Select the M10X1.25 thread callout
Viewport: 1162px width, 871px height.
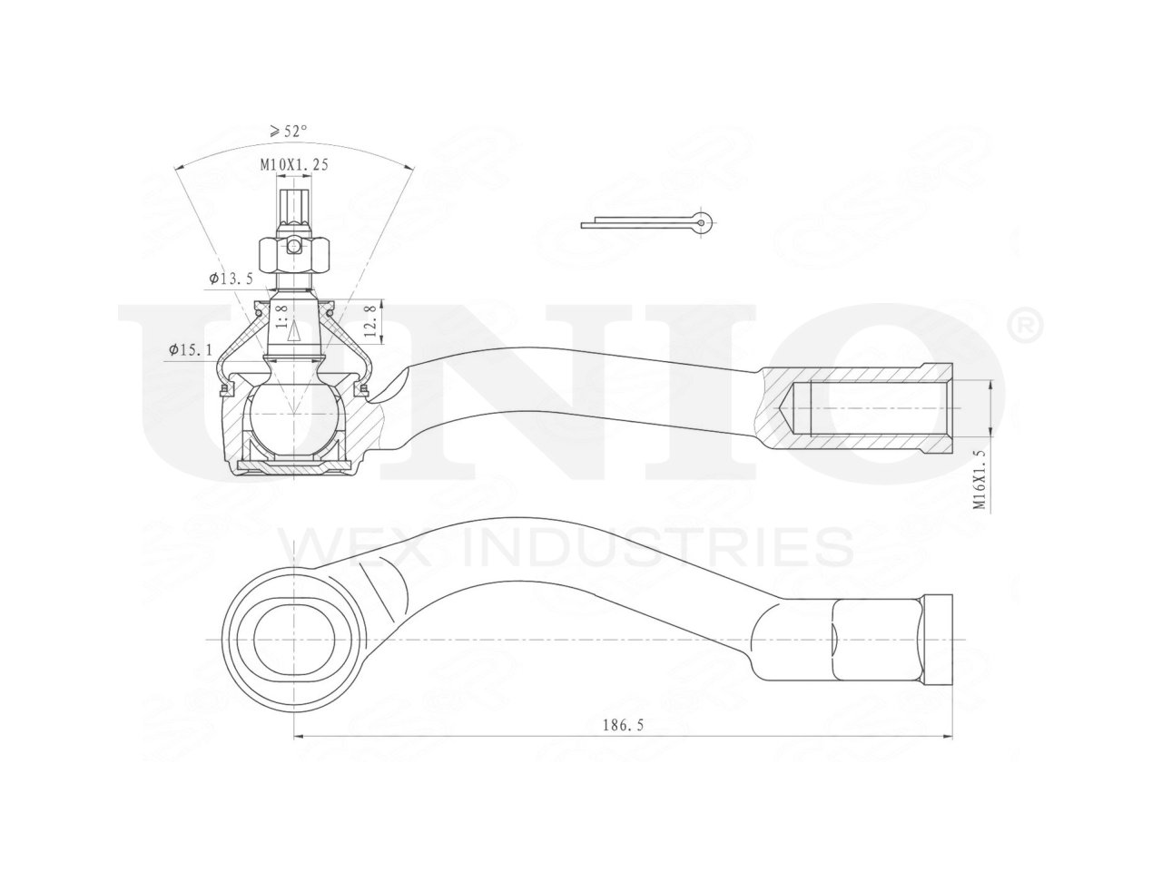294,164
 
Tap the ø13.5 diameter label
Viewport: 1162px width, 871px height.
231,279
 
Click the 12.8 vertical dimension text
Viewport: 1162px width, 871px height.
371,321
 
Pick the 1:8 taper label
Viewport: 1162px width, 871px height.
281,316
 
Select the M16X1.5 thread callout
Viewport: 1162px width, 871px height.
980,480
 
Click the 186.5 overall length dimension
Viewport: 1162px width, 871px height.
623,725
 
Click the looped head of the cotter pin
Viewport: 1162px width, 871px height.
703,221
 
